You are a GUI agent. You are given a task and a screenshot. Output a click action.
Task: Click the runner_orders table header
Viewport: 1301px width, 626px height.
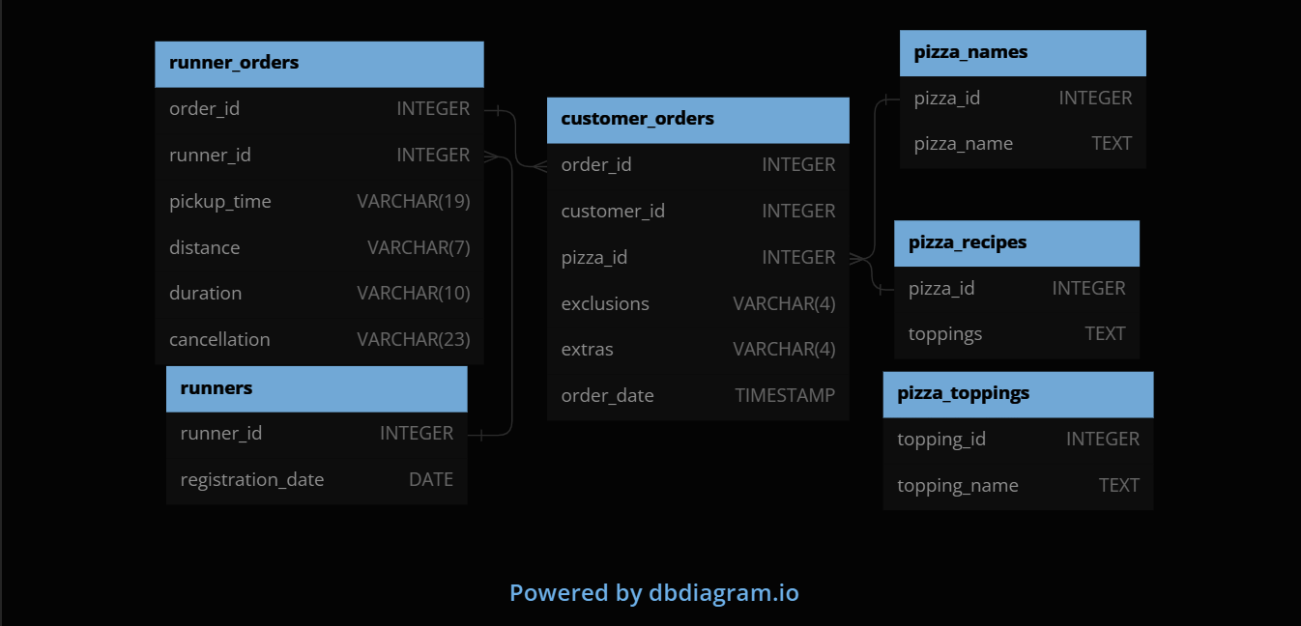point(234,63)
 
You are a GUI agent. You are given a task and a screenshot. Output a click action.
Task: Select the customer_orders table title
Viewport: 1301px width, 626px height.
point(637,119)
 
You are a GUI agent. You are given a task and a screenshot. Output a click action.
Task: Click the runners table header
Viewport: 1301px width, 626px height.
point(217,388)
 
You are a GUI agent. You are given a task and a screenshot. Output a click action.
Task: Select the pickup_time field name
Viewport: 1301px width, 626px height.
point(220,202)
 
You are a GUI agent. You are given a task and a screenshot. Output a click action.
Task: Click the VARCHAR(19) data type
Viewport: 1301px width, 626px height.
point(413,202)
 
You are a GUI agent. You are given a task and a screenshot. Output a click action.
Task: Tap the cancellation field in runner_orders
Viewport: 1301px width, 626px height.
point(219,340)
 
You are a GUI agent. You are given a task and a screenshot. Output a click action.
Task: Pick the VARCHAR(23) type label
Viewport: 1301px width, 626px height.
point(413,340)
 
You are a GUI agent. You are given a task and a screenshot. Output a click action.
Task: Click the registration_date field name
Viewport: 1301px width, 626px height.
point(251,480)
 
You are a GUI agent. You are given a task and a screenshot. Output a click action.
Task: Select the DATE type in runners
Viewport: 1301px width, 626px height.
point(430,480)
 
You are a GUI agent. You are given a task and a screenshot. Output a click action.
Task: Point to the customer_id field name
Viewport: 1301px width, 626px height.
point(613,212)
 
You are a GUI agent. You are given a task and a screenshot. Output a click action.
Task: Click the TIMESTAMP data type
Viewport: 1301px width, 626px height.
point(785,395)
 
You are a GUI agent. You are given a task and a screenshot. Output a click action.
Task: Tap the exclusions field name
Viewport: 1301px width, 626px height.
point(605,304)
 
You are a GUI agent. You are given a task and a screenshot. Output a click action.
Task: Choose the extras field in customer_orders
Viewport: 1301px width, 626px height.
point(587,350)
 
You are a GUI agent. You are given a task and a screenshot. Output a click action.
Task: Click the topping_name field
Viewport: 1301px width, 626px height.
point(957,486)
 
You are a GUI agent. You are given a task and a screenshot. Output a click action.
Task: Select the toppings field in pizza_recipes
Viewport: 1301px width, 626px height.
point(945,334)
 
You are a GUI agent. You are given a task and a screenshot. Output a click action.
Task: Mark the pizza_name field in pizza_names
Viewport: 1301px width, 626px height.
point(964,144)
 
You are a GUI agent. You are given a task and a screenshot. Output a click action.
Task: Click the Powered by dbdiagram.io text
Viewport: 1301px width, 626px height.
point(654,592)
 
